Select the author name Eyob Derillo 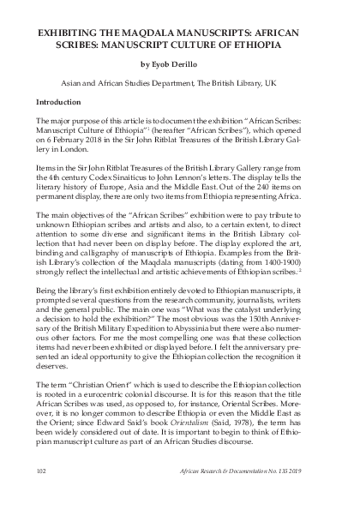click(185, 62)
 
